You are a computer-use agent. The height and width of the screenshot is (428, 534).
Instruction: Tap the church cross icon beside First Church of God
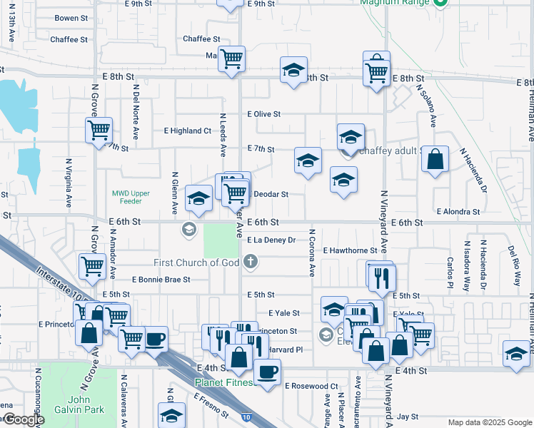tap(250, 263)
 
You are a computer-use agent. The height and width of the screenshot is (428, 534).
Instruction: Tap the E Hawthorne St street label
tap(350, 250)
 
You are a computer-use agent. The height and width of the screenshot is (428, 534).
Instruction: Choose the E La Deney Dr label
tap(271, 240)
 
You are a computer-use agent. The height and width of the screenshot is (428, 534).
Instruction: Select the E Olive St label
tap(264, 114)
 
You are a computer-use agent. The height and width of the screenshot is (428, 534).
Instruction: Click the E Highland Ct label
tap(188, 131)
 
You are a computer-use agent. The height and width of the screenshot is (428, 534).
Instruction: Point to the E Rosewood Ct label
tap(311, 386)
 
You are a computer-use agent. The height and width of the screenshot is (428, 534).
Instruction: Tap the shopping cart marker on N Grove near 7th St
tap(99, 130)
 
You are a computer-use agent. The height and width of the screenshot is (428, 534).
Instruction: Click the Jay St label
tap(408, 416)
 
